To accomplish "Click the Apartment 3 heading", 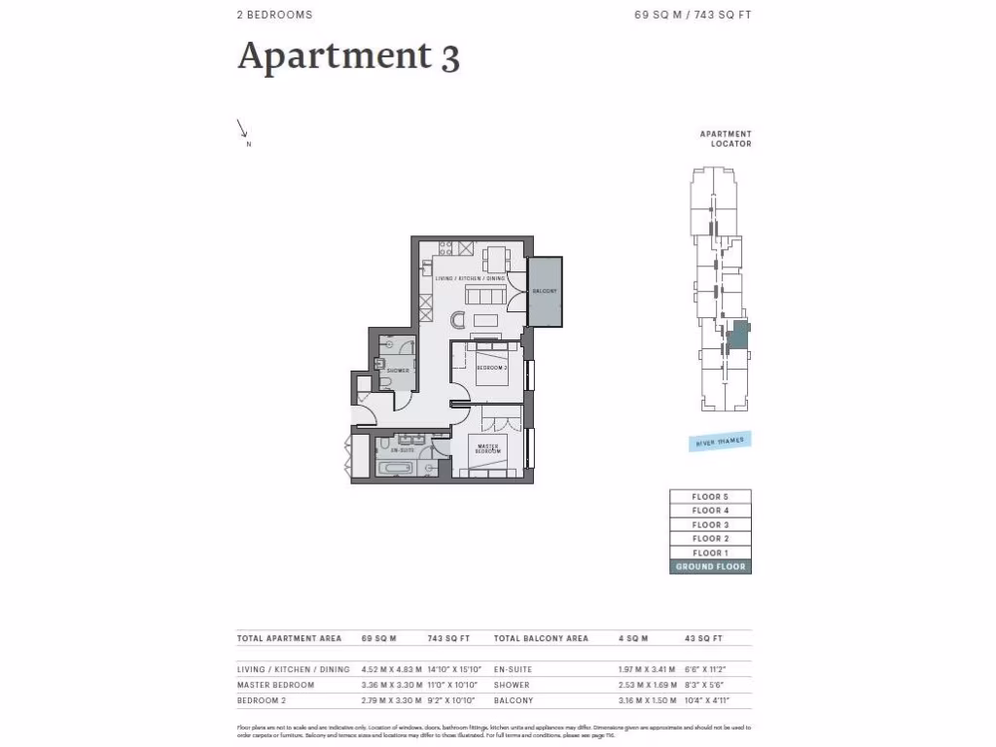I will (348, 55).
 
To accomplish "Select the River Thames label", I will (720, 442).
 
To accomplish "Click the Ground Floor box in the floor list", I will (710, 566).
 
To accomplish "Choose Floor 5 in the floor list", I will (710, 497).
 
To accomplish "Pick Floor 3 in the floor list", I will (710, 525).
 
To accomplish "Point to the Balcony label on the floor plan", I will (545, 292).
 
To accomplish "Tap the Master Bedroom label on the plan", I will (488, 450).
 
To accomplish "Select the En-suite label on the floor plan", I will (403, 451).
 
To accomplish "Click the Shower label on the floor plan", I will (397, 371).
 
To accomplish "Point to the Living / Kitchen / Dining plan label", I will (470, 279).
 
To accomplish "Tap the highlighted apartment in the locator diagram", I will (738, 336).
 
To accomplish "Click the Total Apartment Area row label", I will (289, 639).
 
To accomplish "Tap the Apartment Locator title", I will (726, 139).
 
